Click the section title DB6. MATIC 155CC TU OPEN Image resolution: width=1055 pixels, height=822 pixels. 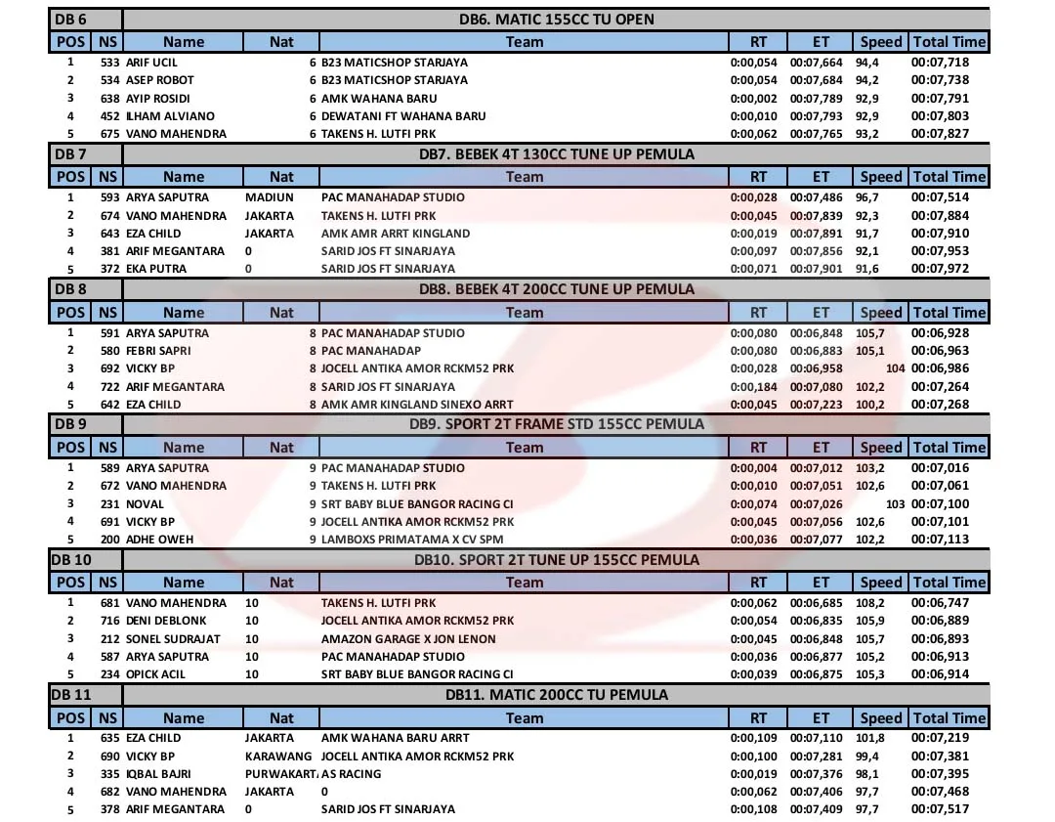point(557,19)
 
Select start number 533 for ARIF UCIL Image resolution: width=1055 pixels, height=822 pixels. point(109,62)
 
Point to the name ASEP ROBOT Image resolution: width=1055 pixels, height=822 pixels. point(160,80)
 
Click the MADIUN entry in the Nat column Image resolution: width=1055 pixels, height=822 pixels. point(270,197)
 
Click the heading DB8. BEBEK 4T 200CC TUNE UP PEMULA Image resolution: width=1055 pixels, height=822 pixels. point(557,289)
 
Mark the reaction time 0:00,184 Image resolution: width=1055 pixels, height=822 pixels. point(754,386)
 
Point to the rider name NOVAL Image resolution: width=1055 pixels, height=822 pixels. point(146,503)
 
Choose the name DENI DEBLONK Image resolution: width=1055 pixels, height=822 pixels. point(166,621)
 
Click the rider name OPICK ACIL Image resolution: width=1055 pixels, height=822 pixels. point(156,674)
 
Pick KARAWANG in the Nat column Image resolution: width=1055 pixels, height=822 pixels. point(278,756)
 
